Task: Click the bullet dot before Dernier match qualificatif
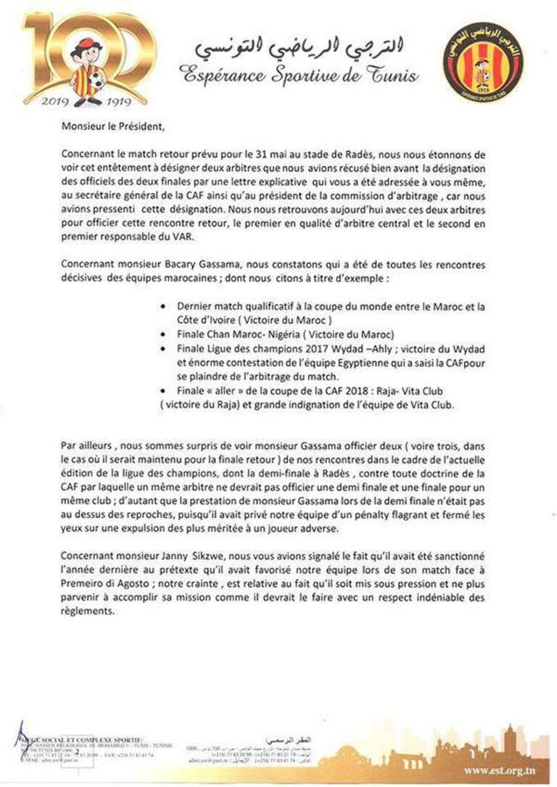(169, 307)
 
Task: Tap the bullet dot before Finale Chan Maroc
(169, 334)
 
